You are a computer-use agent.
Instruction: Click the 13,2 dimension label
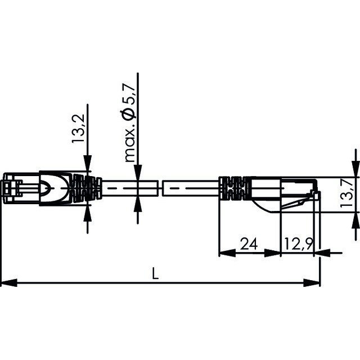pos(78,129)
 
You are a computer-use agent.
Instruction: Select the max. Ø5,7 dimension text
pos(129,123)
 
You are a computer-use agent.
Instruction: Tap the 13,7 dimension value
pos(347,193)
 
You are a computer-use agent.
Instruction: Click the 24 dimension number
pos(249,244)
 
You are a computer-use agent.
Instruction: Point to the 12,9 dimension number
pos(299,244)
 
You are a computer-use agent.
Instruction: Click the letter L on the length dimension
pos(155,273)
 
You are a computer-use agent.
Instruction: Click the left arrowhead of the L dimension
pos(9,282)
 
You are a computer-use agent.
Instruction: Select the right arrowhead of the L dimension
pos(312,282)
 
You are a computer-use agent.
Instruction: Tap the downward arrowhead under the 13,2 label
pos(88,163)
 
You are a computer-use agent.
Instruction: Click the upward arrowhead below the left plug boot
pos(88,214)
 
